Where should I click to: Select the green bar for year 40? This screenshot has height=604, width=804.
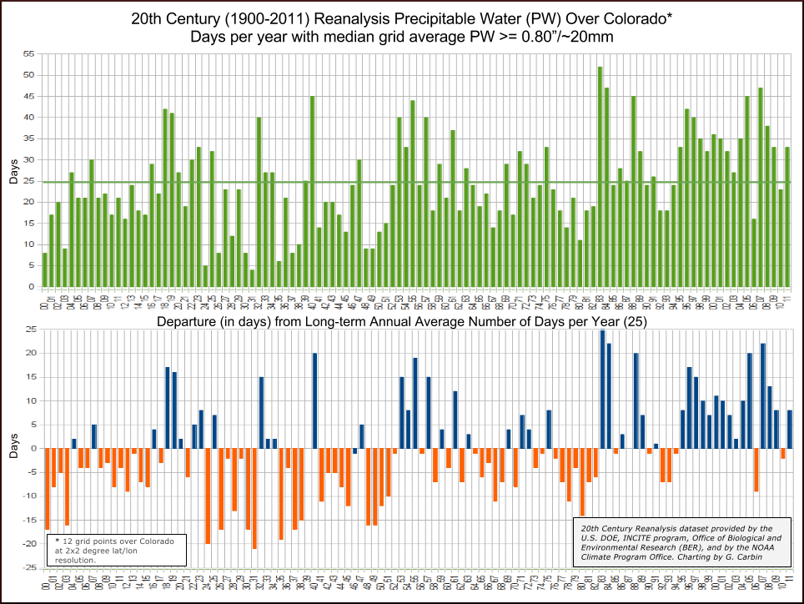click(313, 192)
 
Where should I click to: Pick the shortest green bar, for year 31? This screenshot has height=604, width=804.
click(253, 279)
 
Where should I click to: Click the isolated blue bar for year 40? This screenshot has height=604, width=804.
click(314, 400)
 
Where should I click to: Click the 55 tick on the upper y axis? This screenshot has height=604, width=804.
click(29, 53)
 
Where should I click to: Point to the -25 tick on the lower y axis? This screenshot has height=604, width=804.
click(28, 568)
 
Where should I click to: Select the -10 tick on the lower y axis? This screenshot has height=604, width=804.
click(28, 496)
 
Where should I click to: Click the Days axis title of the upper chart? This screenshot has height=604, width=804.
click(12, 170)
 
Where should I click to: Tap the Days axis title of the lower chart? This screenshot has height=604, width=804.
click(12, 449)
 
